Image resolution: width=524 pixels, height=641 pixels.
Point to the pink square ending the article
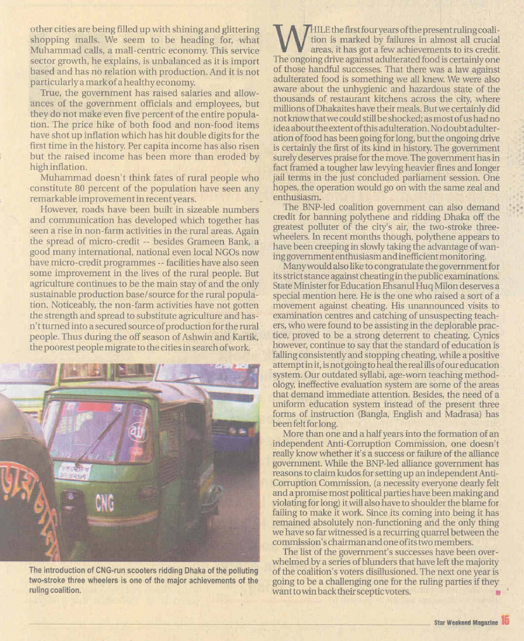(498, 592)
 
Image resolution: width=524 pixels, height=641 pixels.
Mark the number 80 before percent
(79, 189)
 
